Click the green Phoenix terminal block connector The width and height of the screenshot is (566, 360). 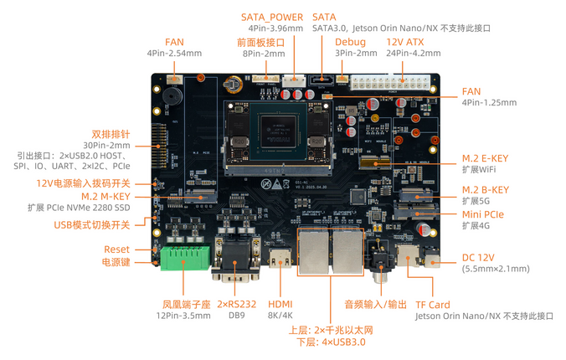184,258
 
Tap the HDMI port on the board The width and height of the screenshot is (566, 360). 280,258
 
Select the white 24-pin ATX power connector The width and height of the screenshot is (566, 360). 390,82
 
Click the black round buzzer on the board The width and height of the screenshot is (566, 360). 172,95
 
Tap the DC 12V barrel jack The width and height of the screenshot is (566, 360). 432,260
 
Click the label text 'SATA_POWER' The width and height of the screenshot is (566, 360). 272,17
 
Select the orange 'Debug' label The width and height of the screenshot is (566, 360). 350,42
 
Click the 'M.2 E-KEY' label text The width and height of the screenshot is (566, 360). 485,158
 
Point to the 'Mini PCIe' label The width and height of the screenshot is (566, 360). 483,214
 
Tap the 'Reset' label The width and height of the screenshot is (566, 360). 116,249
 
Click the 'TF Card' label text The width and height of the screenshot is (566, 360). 433,305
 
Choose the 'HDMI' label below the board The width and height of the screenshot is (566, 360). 280,304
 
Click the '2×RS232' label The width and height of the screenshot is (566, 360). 237,304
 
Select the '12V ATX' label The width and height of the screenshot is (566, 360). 405,42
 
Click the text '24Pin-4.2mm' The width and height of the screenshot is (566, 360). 414,53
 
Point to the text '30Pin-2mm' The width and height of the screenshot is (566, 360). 106,145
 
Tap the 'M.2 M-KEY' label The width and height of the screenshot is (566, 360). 105,197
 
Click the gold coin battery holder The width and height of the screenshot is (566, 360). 233,85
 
